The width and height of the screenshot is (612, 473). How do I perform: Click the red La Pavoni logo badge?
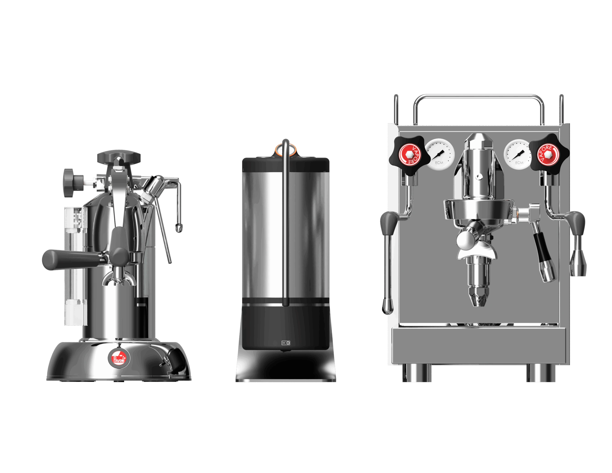(119, 358)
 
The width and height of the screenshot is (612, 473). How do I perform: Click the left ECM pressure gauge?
(439, 155)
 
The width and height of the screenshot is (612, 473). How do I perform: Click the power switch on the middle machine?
(286, 343)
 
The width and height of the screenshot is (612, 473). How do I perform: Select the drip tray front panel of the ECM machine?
(479, 346)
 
